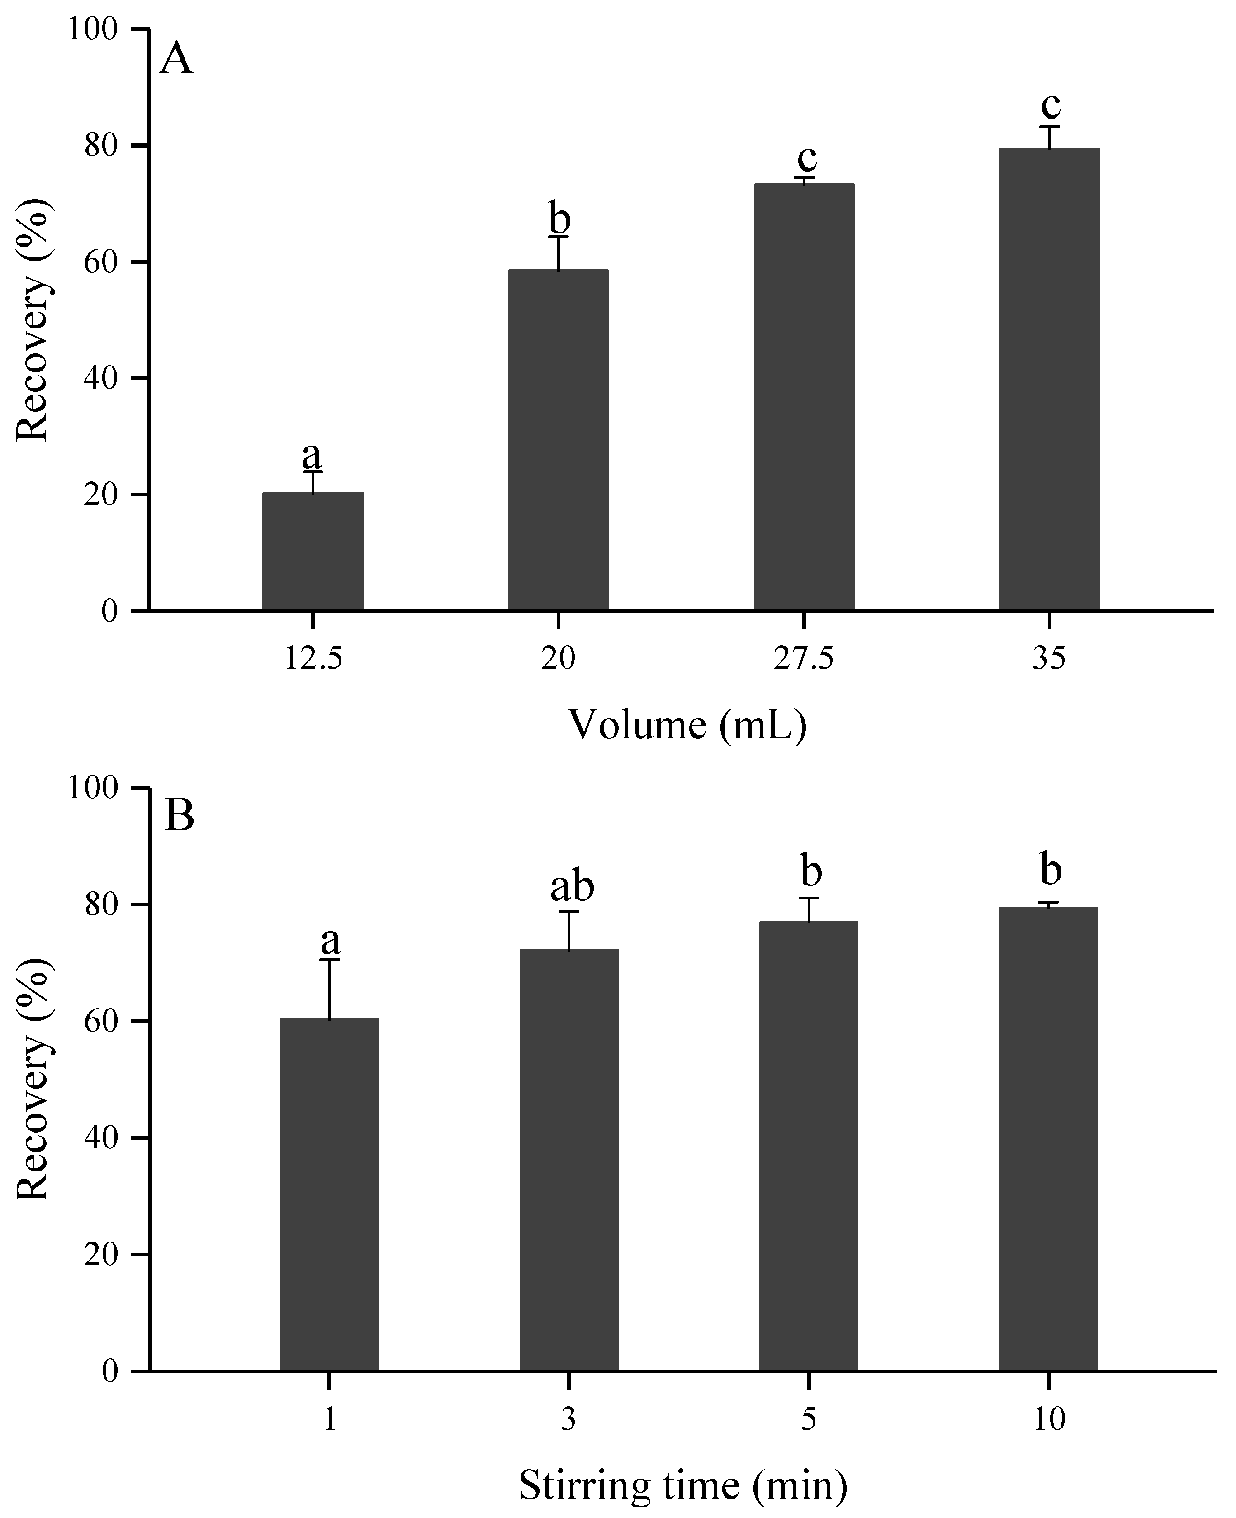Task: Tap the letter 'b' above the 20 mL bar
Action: pyautogui.click(x=559, y=218)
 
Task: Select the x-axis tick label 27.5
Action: pyautogui.click(x=803, y=659)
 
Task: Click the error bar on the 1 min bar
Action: pyautogui.click(x=329, y=990)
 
